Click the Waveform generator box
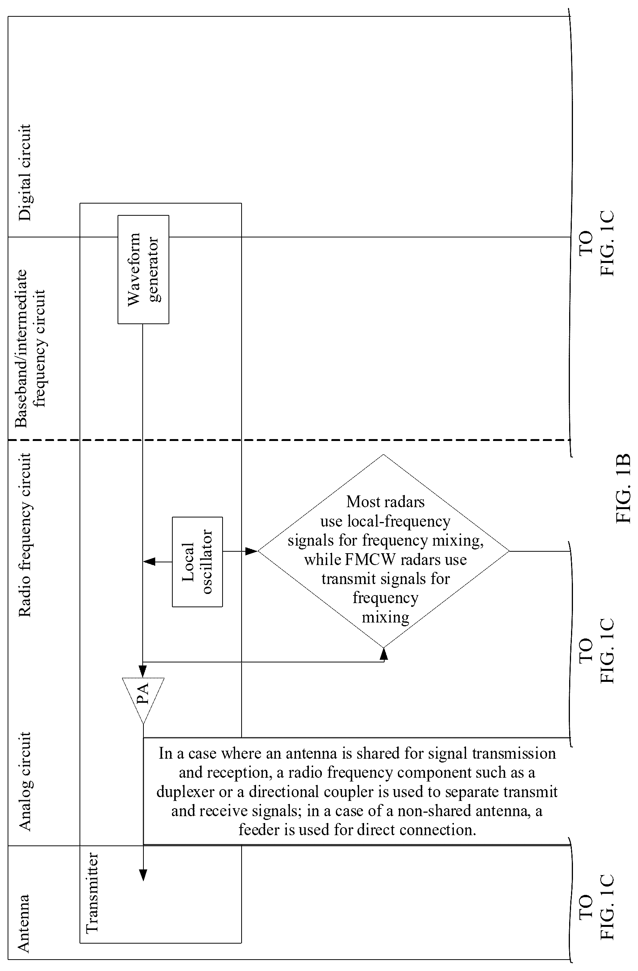pos(143,269)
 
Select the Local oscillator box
pos(197,562)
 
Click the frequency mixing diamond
pos(383,551)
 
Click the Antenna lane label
pos(23,923)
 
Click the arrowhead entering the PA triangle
pos(143,672)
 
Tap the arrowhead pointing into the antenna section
pos(143,875)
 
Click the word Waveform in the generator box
pos(134,269)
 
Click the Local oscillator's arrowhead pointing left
pos(149,562)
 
